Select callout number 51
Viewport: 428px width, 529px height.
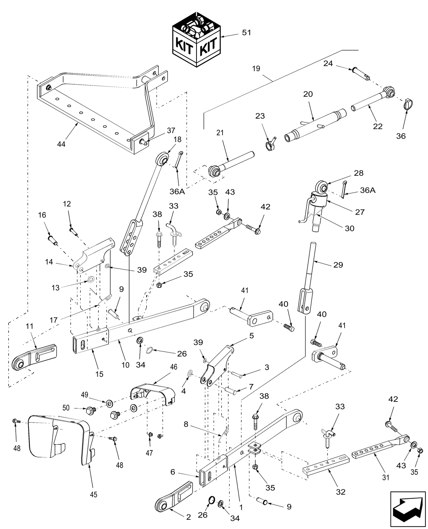tap(246, 33)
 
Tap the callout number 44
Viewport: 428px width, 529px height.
tap(62, 144)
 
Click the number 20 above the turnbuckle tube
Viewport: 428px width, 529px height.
tap(308, 94)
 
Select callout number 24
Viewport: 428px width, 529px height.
tap(328, 64)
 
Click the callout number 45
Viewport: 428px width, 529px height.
tap(93, 494)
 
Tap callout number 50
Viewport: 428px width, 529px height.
tap(76, 408)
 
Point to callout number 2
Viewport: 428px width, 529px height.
tap(188, 517)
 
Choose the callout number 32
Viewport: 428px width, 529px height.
tap(341, 492)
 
